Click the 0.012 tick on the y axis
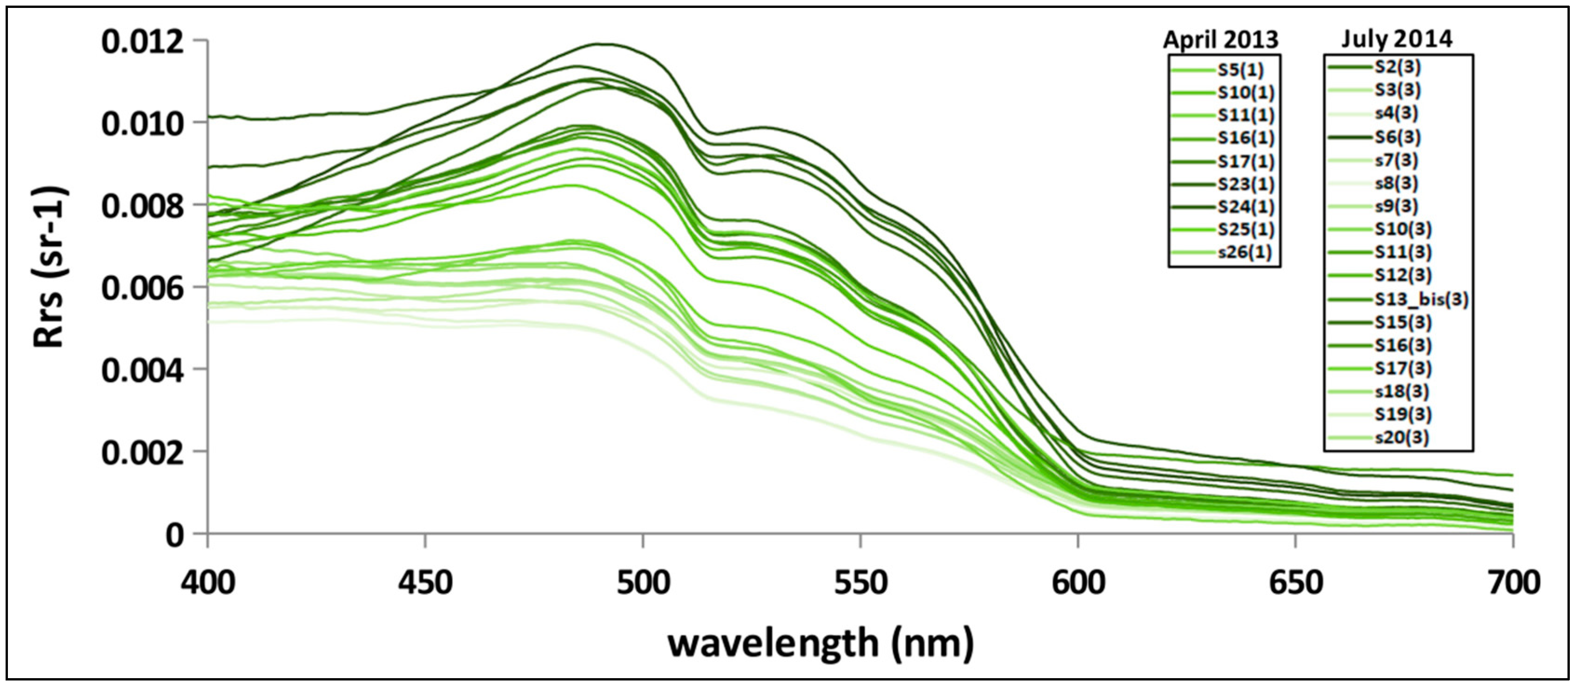click(x=142, y=41)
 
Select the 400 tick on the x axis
click(x=208, y=582)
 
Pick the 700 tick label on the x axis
click(x=1512, y=582)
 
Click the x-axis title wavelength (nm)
click(x=821, y=643)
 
